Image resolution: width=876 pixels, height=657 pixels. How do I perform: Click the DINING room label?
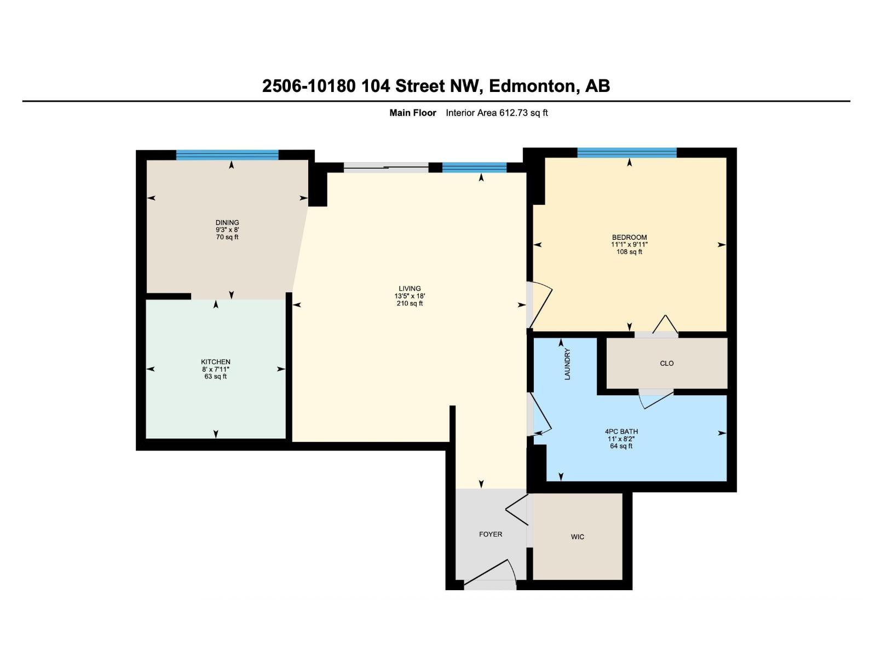[227, 223]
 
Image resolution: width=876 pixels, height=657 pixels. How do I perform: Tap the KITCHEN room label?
[216, 362]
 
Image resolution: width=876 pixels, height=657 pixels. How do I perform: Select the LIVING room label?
[410, 289]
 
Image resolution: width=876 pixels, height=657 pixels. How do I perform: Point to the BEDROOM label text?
[629, 238]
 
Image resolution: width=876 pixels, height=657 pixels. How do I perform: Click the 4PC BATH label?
[621, 431]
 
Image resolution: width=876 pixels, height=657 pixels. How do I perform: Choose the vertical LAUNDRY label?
[567, 364]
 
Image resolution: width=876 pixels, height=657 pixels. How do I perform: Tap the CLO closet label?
[666, 364]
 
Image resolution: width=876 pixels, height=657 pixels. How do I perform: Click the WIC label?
[577, 537]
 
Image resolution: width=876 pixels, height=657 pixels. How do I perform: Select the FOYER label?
[490, 534]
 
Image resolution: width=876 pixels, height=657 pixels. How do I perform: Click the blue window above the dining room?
[227, 155]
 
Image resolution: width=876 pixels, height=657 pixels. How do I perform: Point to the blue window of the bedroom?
[627, 153]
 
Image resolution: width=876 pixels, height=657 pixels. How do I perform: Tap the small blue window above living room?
[474, 168]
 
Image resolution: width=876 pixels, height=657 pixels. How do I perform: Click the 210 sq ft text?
[410, 303]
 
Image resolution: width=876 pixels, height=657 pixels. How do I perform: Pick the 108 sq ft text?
[629, 252]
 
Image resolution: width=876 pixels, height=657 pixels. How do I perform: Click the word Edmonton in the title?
[532, 86]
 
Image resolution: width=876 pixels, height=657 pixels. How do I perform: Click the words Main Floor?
[412, 113]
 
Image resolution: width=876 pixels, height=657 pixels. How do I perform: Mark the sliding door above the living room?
[386, 168]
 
